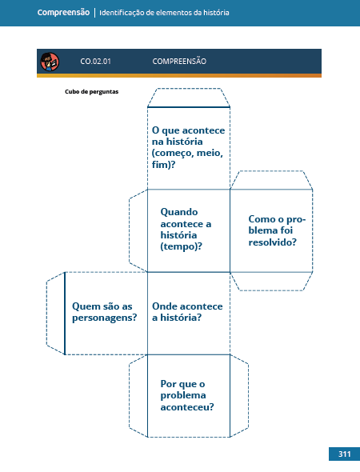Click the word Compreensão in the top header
[x=63, y=13]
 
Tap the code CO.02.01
[x=95, y=62]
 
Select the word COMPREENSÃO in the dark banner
[x=179, y=61]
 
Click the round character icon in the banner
[x=50, y=62]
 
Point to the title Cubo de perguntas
[x=91, y=91]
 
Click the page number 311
[x=344, y=454]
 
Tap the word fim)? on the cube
[x=163, y=165]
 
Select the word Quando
[x=179, y=212]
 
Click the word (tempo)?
[x=182, y=246]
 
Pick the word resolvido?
[x=273, y=242]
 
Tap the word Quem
[x=86, y=306]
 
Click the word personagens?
[x=105, y=318]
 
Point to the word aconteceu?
[x=187, y=407]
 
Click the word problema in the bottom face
[x=183, y=395]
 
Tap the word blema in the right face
[x=262, y=230]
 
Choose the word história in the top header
[x=216, y=13]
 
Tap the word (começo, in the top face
[x=173, y=154]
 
